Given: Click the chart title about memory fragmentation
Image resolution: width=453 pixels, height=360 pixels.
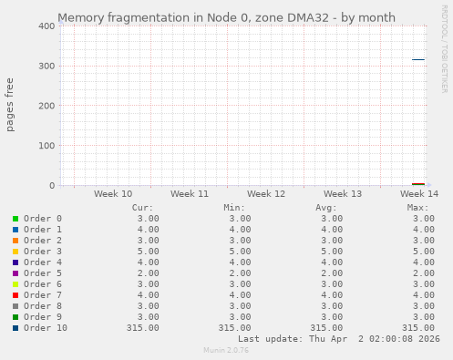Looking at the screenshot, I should coord(226,17).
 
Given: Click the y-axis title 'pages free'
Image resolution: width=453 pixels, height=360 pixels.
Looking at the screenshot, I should coord(11,106).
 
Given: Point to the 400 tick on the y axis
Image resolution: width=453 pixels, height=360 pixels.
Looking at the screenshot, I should coord(42,26).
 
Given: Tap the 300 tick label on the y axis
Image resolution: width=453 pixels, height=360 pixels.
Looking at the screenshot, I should coord(42,67).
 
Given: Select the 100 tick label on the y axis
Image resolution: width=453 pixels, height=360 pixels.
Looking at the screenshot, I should coord(42,146).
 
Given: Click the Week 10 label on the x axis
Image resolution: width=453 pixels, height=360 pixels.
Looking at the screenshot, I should coord(113,194).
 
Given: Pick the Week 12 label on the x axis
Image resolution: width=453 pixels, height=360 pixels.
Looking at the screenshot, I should coord(266,194).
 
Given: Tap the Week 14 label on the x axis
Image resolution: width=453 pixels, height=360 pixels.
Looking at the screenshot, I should coord(419,194).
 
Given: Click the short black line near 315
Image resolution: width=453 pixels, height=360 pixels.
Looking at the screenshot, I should coord(417,60).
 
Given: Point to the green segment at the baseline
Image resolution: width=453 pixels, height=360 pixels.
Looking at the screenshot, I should coord(417,184).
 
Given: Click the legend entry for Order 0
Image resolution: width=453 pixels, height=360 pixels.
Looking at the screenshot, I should coord(43,219).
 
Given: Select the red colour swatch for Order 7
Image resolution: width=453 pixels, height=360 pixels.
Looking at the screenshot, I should coord(15,295).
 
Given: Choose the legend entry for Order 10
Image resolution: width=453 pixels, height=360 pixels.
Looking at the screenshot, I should coord(46,328).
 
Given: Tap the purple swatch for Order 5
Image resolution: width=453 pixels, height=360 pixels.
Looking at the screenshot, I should coord(15,273).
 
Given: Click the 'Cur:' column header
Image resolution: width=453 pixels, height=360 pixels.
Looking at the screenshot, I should coord(142,208).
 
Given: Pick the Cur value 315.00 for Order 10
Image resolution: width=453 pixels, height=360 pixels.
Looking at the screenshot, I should coord(143,328).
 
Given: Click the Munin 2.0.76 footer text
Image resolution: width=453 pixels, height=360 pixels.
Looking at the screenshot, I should coord(226,350).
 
